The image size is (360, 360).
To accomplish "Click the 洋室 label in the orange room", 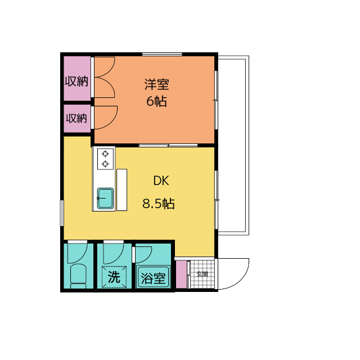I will click(156, 85).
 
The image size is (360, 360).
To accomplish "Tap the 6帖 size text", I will click(156, 102).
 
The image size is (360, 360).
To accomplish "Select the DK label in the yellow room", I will click(161, 181).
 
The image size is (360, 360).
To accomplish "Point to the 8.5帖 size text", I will click(158, 204).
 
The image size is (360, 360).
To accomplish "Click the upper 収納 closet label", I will click(76, 81).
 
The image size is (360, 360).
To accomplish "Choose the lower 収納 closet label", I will click(76, 118).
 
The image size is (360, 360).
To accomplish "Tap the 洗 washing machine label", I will click(114, 277).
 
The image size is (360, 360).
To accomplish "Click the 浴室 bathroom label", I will click(154, 278).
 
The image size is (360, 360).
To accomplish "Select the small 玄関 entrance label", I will click(202, 274).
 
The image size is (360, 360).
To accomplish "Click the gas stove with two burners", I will click(105, 159).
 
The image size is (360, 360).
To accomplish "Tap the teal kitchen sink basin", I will click(105, 198).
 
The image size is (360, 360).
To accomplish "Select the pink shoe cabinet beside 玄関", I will click(181, 274).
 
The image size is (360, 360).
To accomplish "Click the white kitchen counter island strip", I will click(121, 189).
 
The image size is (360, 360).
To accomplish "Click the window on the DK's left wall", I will click(62, 213).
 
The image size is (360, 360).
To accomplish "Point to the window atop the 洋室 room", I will click(162, 54).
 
